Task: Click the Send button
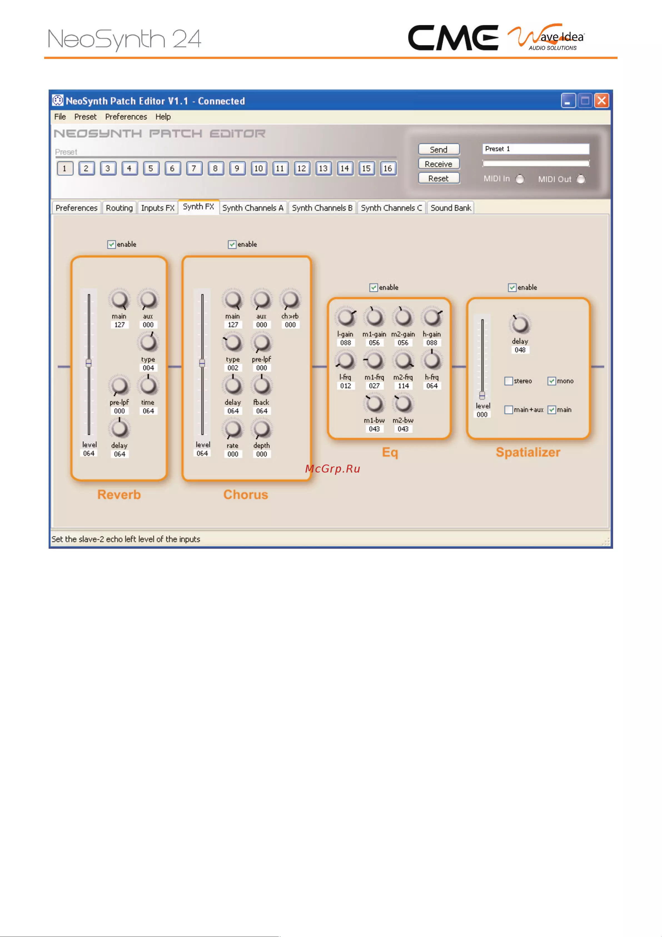pos(439,149)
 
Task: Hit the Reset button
pos(439,178)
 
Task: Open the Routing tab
pos(119,208)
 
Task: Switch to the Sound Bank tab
pos(451,208)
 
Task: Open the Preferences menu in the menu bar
pos(126,117)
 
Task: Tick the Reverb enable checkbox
pos(111,244)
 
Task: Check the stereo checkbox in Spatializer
pos(509,381)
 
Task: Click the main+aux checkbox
pos(509,410)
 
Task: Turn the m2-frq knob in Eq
pos(403,361)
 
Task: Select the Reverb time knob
pos(148,385)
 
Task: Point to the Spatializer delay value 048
pos(520,350)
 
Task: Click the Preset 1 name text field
pos(536,149)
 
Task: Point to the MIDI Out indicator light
pos(581,179)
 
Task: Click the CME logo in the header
pos(453,38)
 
